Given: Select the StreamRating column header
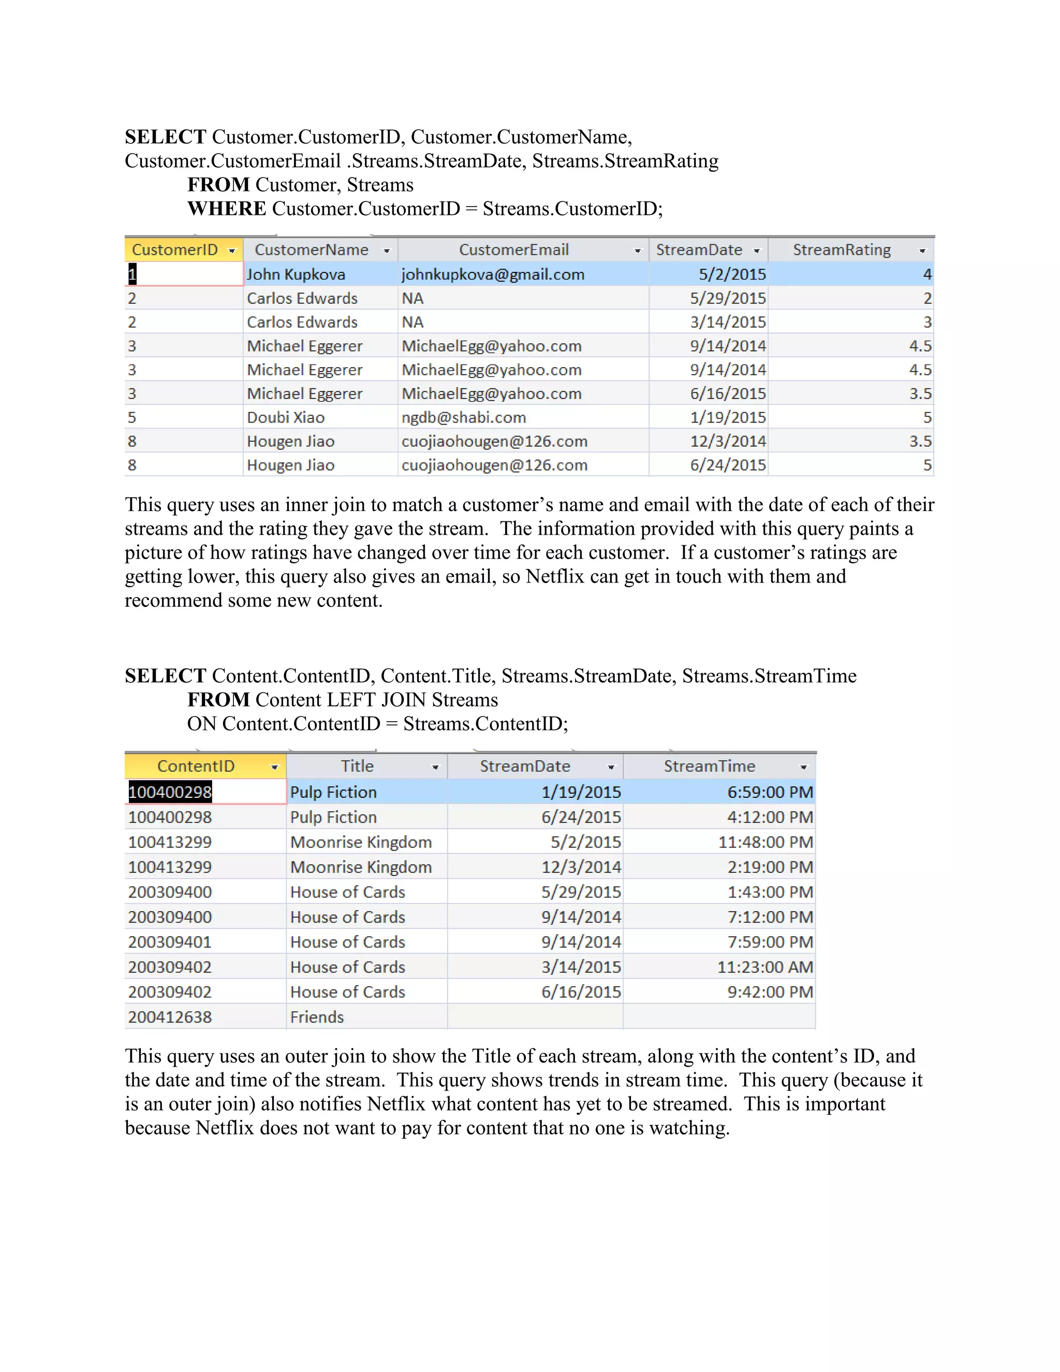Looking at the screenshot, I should (x=842, y=250).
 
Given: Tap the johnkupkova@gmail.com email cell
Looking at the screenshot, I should (x=493, y=274).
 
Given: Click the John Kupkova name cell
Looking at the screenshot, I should (x=296, y=274).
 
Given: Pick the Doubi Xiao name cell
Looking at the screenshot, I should (x=286, y=418).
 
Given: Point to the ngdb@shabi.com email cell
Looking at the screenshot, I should (x=463, y=418).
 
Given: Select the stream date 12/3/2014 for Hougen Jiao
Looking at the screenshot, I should (x=728, y=442).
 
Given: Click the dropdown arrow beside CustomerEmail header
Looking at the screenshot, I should (x=637, y=251).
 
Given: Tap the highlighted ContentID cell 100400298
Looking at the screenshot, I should (x=170, y=792).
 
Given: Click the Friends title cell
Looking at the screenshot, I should (x=317, y=1017).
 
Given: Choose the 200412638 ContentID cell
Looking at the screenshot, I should (x=170, y=1017).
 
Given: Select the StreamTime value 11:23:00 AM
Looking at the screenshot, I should (x=765, y=968).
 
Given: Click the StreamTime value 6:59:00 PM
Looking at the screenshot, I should (x=770, y=792).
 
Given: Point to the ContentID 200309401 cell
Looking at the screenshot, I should (x=170, y=942).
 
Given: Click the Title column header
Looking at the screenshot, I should (x=357, y=766).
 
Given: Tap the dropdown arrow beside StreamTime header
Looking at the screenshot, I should (x=803, y=767).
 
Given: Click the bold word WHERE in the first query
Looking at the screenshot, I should (x=227, y=209).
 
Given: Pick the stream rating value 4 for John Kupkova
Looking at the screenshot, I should (x=927, y=274).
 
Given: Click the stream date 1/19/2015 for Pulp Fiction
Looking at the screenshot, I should (x=581, y=792).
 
